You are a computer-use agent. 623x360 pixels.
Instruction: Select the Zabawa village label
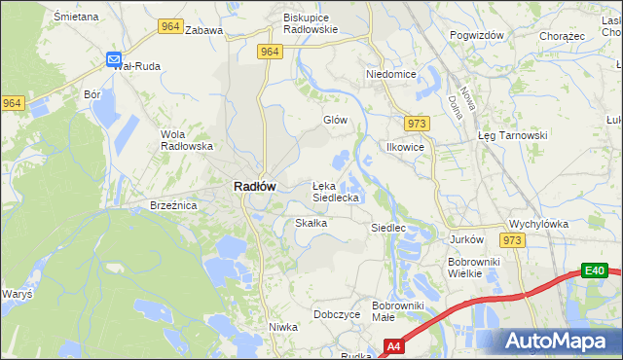click(x=203, y=30)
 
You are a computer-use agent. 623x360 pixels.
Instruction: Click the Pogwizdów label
click(x=476, y=35)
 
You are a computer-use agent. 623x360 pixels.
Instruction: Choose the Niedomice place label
click(x=390, y=74)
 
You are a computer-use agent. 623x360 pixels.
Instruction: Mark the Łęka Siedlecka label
click(x=336, y=191)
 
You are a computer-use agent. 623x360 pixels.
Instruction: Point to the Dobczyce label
click(x=338, y=314)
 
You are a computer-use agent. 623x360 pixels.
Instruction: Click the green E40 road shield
click(x=595, y=270)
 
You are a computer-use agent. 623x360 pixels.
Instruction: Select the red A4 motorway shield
click(x=393, y=345)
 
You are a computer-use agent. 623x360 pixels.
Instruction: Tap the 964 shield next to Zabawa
click(x=170, y=27)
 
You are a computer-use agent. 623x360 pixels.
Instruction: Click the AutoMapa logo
click(x=558, y=341)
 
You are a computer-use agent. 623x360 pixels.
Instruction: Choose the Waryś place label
click(x=17, y=294)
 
